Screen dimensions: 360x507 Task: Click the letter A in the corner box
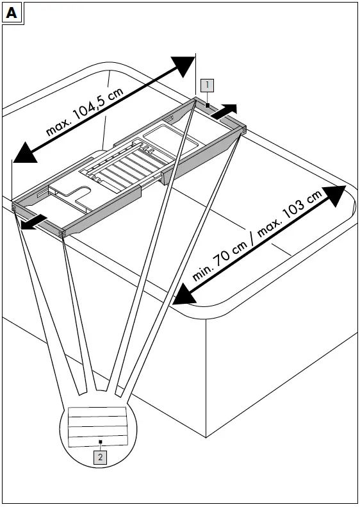[12, 13]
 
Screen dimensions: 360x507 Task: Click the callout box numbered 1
[207, 85]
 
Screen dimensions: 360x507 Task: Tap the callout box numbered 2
[100, 458]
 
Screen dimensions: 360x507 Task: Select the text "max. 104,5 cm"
[85, 112]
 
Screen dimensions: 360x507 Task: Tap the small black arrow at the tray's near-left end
[34, 222]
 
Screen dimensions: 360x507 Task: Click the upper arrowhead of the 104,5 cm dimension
[183, 66]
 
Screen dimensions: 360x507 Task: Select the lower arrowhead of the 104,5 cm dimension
[25, 153]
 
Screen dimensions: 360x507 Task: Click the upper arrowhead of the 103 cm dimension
[334, 195]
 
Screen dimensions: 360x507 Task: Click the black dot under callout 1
[208, 105]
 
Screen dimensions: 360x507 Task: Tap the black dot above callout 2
[101, 442]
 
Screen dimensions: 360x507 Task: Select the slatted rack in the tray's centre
[124, 165]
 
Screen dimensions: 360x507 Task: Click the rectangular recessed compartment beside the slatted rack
[170, 139]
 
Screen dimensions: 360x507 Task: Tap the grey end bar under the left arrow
[38, 220]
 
